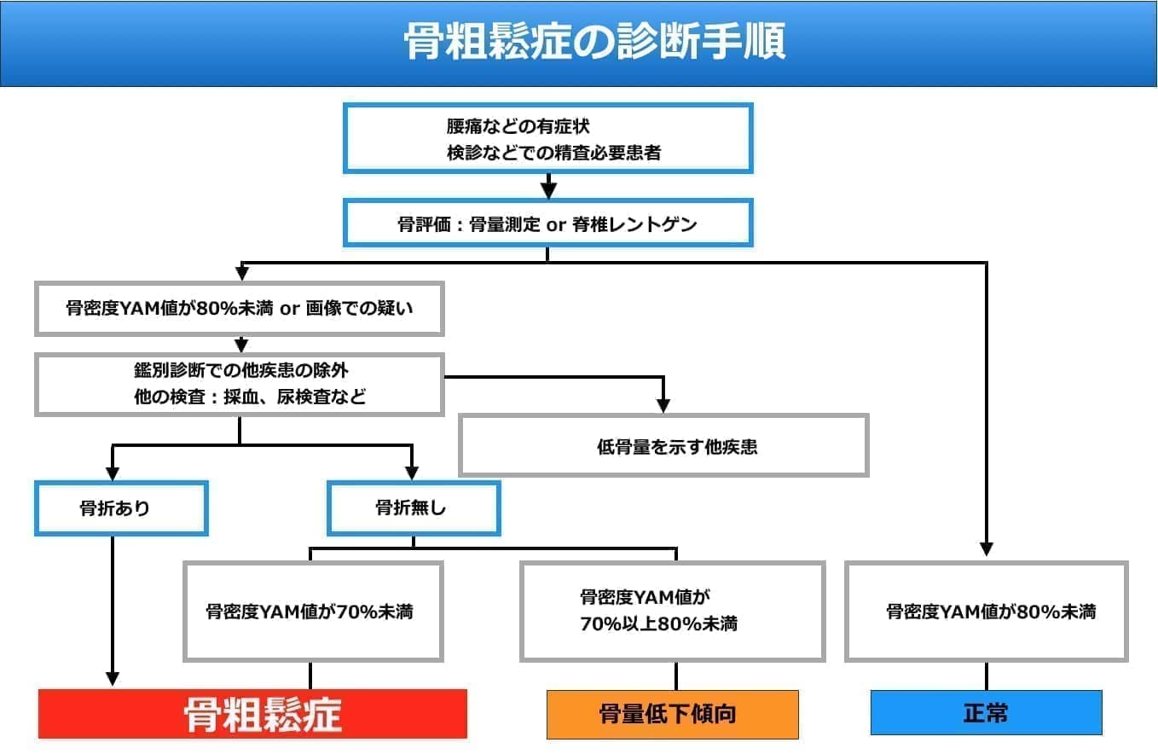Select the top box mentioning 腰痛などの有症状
547,138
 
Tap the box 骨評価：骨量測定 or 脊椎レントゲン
547,224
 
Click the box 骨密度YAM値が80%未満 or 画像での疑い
239,309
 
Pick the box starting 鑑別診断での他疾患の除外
239,385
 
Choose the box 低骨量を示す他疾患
663,445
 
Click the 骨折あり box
121,508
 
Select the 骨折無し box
413,508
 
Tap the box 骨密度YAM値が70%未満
312,611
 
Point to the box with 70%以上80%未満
672,611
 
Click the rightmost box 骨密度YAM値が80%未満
986,611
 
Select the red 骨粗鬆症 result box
252,714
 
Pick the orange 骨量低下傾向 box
672,714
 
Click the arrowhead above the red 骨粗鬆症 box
113,679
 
